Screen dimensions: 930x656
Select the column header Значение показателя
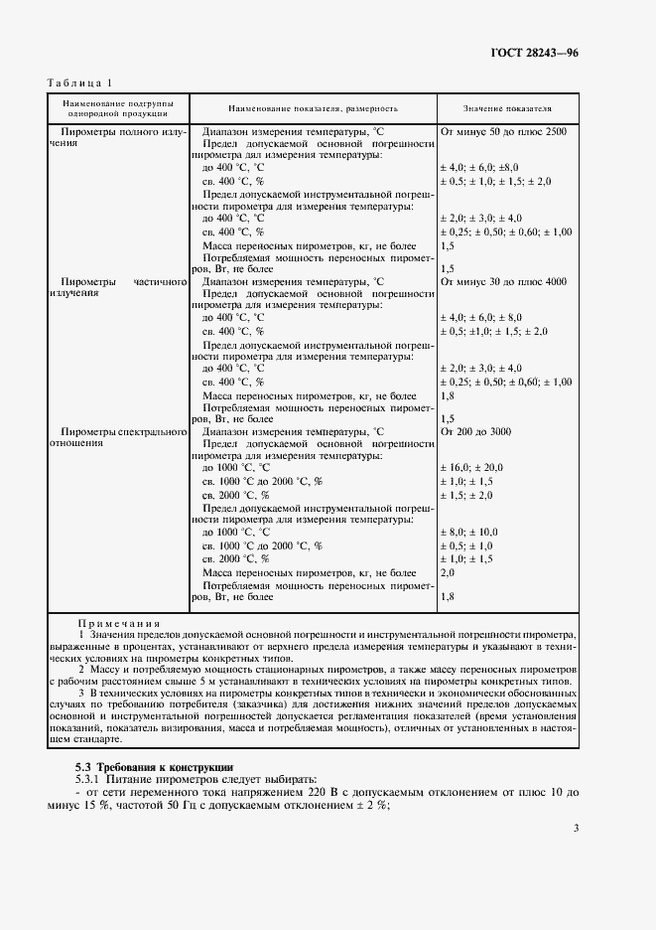507,107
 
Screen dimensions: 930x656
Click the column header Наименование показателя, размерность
313,107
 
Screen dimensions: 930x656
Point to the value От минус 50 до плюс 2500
503,131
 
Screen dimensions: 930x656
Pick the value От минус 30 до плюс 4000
503,281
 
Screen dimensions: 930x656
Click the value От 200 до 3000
475,431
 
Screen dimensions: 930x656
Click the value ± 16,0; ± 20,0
471,467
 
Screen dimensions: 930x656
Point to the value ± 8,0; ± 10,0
468,533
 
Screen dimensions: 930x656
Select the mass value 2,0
447,573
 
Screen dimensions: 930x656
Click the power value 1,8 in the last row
447,596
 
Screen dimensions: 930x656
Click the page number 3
576,827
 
